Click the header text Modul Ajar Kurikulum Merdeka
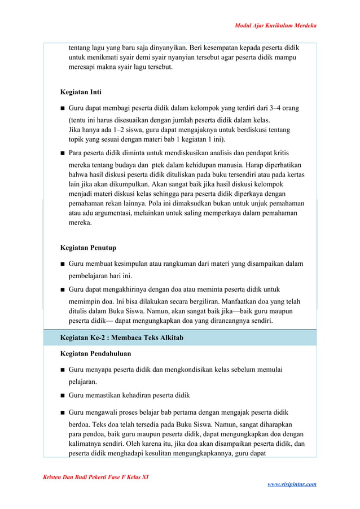point(275,26)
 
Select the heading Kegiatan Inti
point(81,92)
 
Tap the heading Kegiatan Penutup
point(88,248)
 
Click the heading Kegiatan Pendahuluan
point(95,354)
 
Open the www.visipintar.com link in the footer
point(291,484)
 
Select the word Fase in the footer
point(104,477)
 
